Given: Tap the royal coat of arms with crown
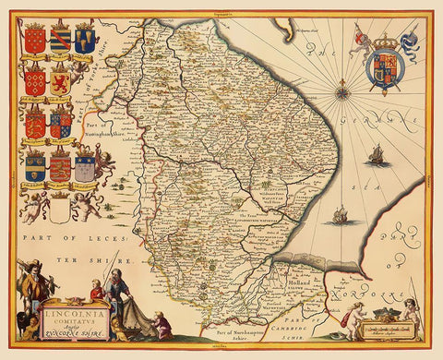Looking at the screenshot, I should tap(379, 66).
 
